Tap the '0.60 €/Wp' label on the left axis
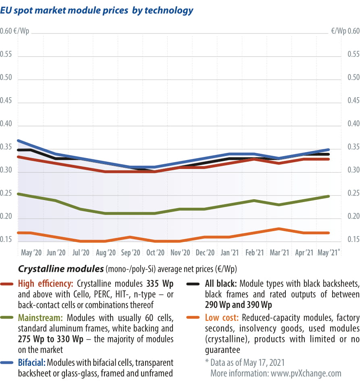point(17,31)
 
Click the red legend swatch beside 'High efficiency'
point(8,284)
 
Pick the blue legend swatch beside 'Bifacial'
point(8,362)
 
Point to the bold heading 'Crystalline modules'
point(60,269)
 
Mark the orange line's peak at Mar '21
point(279,229)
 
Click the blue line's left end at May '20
point(19,141)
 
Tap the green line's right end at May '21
point(329,196)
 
